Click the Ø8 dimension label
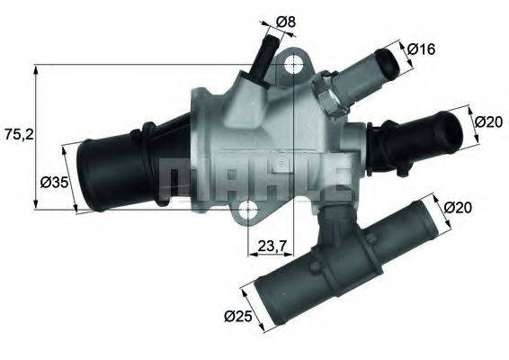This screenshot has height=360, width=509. click(x=287, y=21)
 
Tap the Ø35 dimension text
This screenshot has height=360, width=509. click(x=55, y=182)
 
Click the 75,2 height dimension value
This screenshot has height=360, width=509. click(x=19, y=135)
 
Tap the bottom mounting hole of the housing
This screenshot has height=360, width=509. click(x=248, y=212)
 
